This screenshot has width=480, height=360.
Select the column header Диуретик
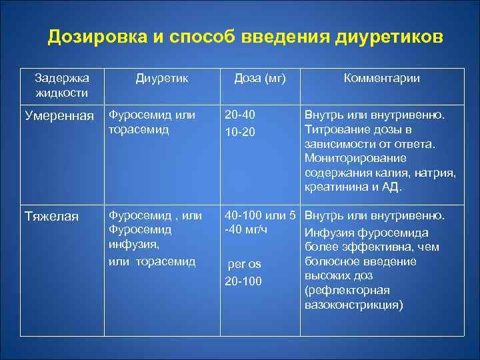[162, 79]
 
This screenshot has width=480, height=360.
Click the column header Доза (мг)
[259, 79]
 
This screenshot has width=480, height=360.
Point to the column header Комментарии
[381, 79]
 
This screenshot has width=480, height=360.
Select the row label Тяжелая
[51, 217]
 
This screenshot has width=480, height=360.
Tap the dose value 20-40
[240, 115]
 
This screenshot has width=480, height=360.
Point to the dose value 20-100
[243, 281]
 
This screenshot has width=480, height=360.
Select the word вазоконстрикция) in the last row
[353, 304]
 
